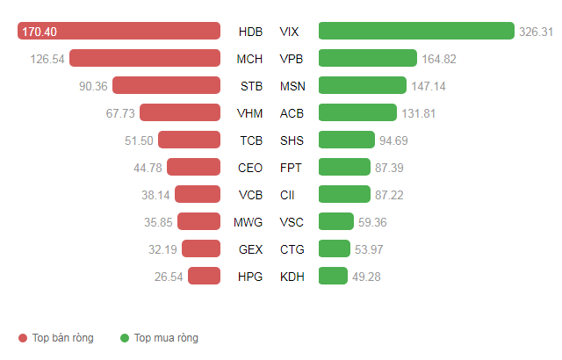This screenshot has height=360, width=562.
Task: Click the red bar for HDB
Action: pyautogui.click(x=119, y=31)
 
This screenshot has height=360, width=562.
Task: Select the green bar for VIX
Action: pyautogui.click(x=416, y=31)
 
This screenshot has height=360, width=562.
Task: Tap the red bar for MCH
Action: pyautogui.click(x=145, y=58)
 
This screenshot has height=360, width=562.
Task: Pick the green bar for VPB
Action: pyautogui.click(x=368, y=58)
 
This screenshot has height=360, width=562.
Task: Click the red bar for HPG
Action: pyautogui.click(x=204, y=276)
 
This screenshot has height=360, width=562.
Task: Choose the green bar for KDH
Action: pyautogui.click(x=334, y=276)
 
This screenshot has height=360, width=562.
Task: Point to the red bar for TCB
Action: pyautogui.click(x=189, y=140)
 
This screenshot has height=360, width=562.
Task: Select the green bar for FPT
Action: pyautogui.click(x=344, y=167)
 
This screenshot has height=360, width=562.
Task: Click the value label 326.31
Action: pyautogui.click(x=536, y=32)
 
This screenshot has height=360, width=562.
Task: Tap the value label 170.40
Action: pyautogui.click(x=40, y=32)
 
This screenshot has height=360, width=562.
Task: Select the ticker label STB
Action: pyautogui.click(x=250, y=86)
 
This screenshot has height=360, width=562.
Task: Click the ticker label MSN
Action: pyautogui.click(x=292, y=86)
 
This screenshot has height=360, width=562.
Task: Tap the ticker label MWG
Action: pyautogui.click(x=249, y=222)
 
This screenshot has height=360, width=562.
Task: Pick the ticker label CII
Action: pyautogui.click(x=288, y=195)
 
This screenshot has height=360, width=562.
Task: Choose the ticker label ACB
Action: pyautogui.click(x=292, y=113)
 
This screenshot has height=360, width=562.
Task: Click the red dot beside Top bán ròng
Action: pyautogui.click(x=23, y=338)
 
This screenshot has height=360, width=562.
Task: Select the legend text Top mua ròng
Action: pyautogui.click(x=166, y=338)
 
